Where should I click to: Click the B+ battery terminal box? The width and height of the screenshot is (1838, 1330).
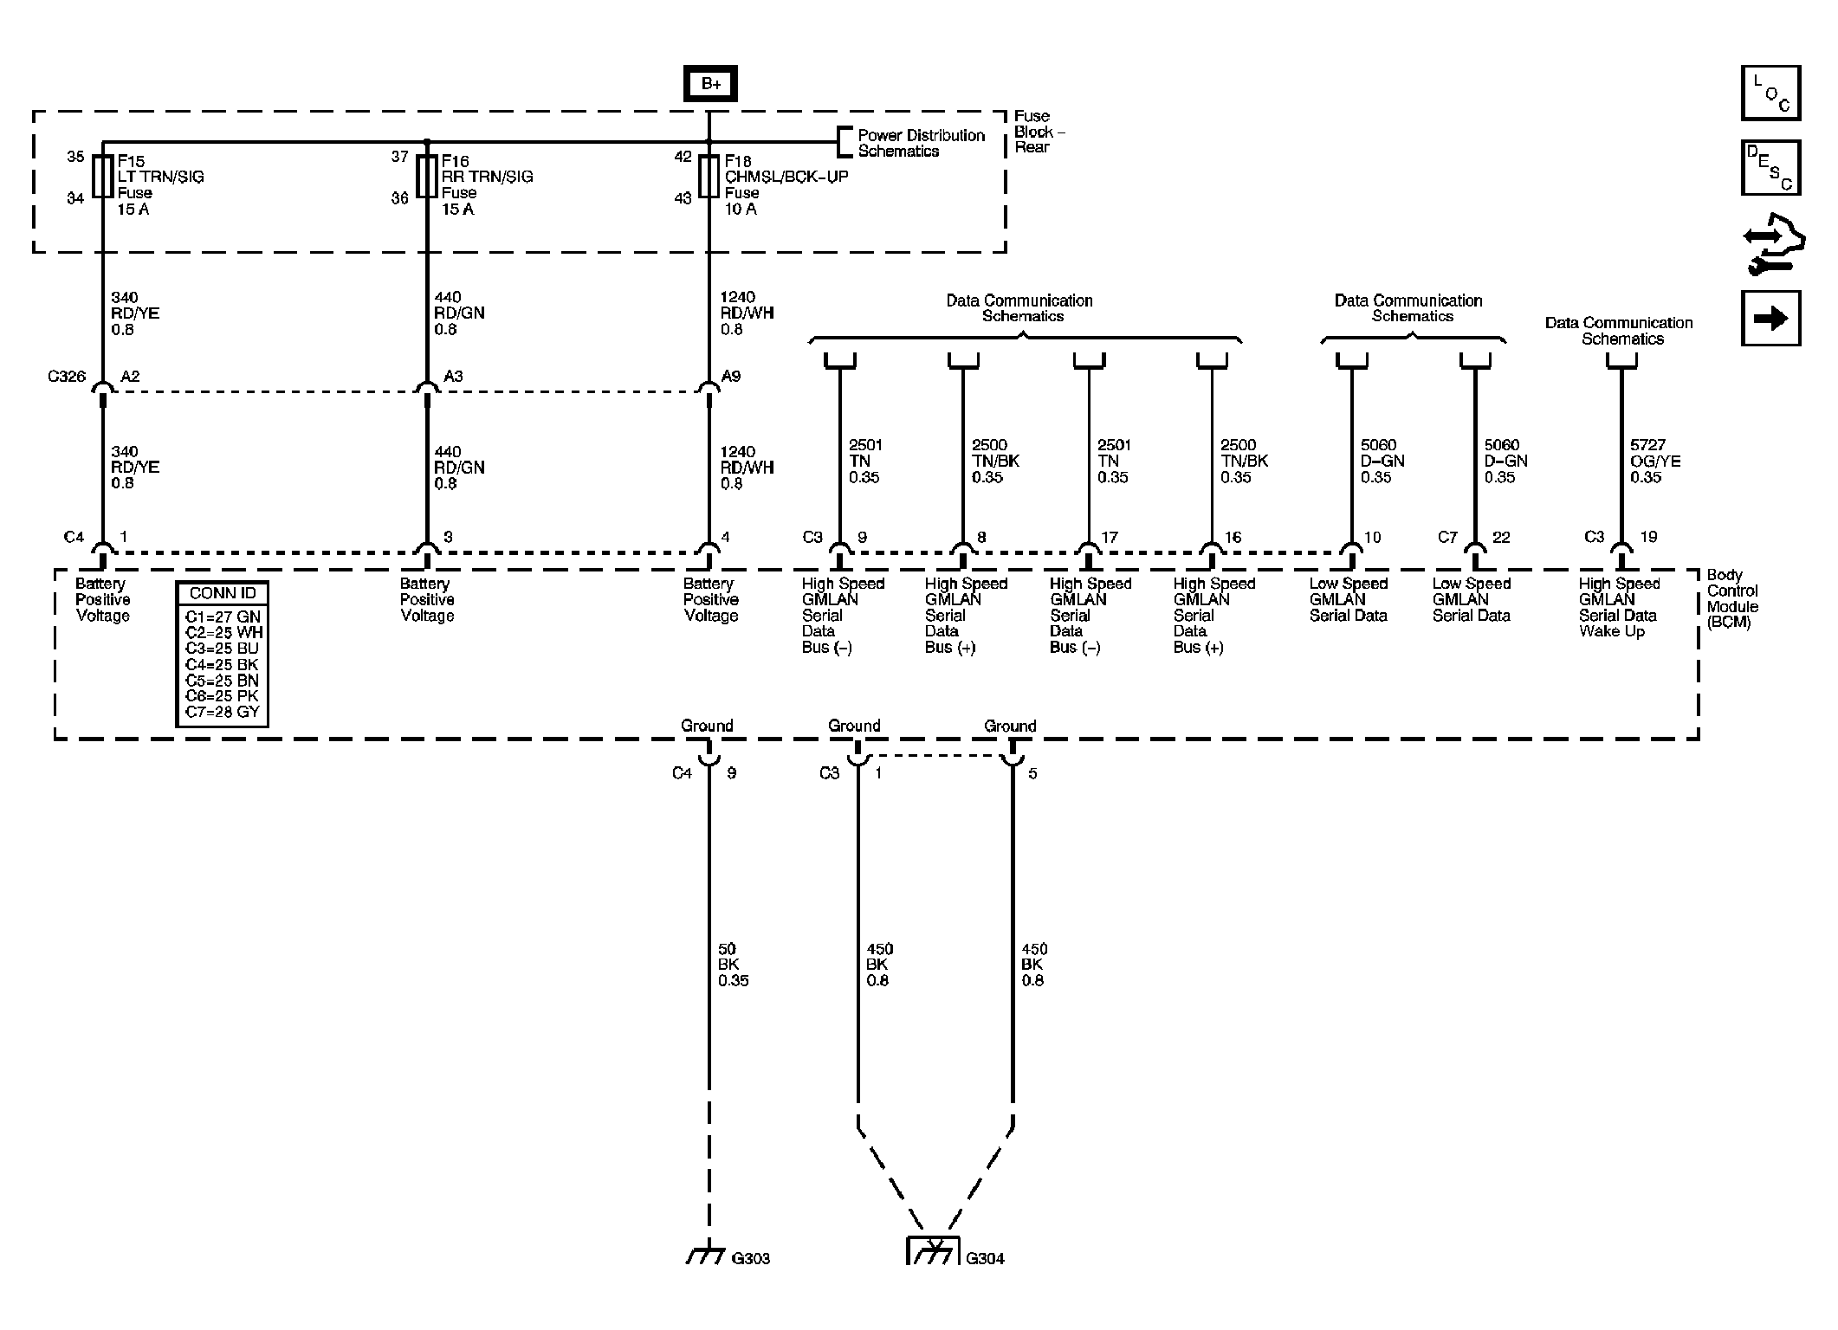(x=709, y=84)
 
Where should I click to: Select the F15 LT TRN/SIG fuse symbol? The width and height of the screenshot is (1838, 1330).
(x=103, y=177)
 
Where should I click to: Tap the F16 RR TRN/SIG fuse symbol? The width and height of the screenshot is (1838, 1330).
(x=427, y=177)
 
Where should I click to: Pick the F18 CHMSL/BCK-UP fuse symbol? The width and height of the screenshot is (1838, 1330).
(x=709, y=177)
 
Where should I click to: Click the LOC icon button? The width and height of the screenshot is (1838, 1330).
(x=1770, y=93)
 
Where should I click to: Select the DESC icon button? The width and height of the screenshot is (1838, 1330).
(x=1770, y=168)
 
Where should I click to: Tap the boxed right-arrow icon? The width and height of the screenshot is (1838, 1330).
(x=1770, y=319)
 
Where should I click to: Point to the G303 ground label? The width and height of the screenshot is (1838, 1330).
(x=750, y=1259)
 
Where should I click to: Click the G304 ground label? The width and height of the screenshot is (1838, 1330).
(x=985, y=1259)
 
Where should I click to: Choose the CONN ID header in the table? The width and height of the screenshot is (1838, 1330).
(x=223, y=594)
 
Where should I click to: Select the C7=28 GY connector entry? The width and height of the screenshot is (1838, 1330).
(x=223, y=712)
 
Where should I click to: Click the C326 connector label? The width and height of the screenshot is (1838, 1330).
(x=67, y=377)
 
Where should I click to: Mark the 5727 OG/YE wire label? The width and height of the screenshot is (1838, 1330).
(x=1654, y=461)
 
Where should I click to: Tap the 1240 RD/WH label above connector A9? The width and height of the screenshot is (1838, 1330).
(x=747, y=313)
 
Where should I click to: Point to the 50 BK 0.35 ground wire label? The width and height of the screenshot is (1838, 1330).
(x=733, y=965)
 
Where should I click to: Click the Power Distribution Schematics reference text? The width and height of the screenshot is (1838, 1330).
(x=921, y=143)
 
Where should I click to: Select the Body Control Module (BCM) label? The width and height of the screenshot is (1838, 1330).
(x=1732, y=598)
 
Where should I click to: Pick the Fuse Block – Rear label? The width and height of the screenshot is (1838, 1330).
(x=1039, y=132)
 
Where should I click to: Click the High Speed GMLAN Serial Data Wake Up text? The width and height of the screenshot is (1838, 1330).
(x=1618, y=608)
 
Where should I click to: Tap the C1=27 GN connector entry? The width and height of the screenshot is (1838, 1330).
(x=223, y=617)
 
